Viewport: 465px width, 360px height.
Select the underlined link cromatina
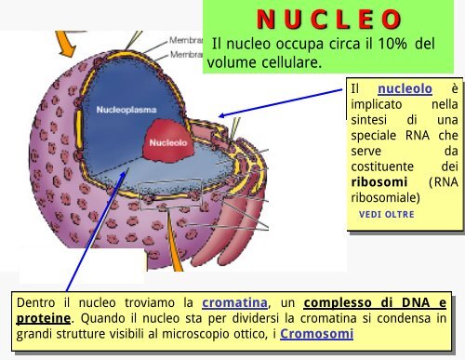click(232, 301)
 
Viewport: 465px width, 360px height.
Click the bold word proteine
click(44, 318)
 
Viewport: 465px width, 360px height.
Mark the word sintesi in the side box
click(368, 120)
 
